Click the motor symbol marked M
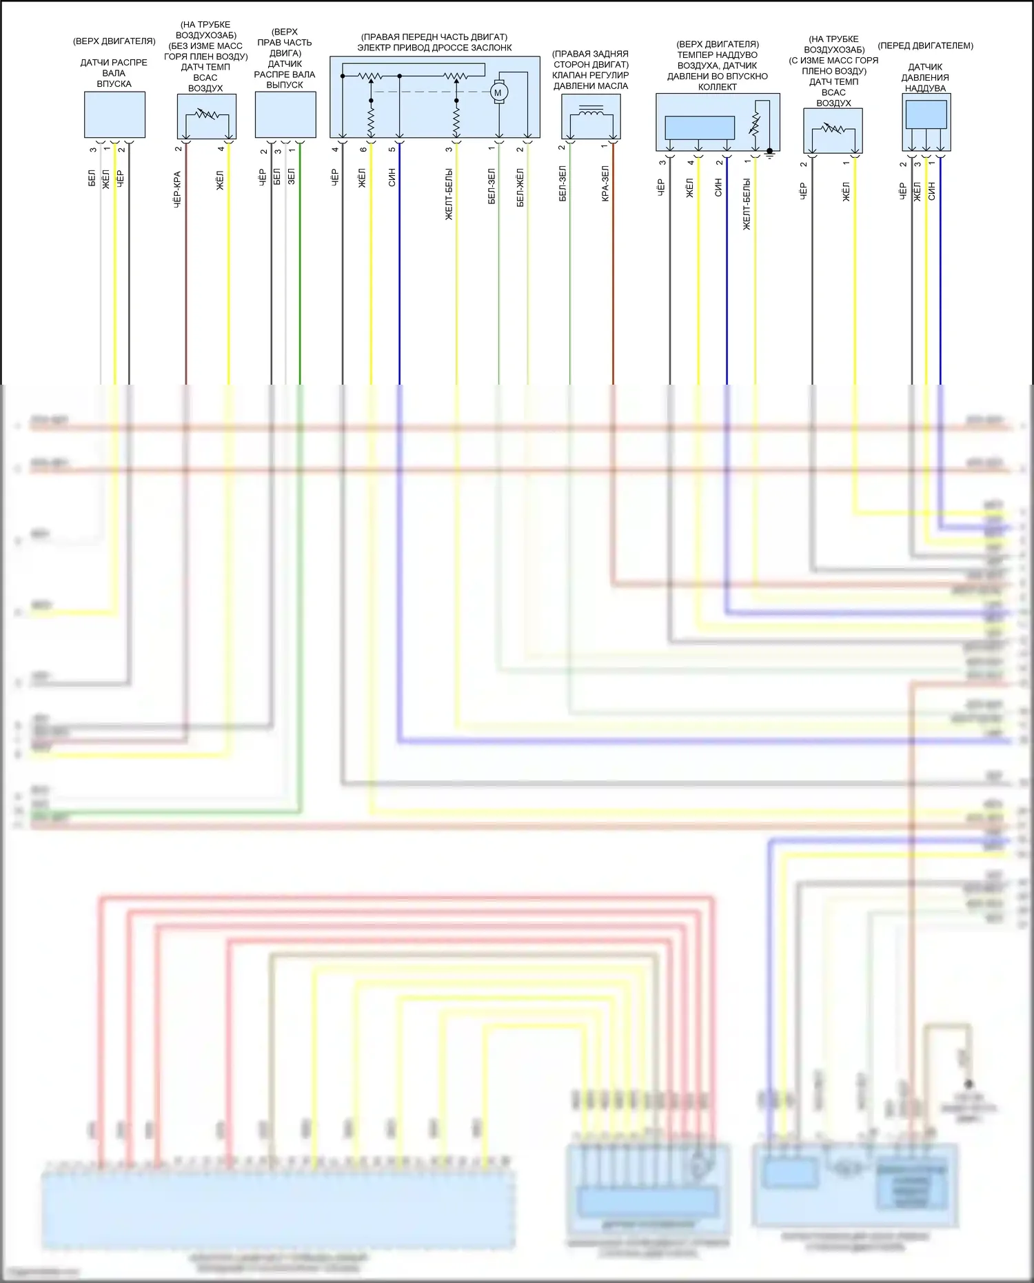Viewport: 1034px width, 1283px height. coord(498,92)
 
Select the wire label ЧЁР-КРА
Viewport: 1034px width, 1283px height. coord(177,190)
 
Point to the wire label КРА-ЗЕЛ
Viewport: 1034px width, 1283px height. coord(605,183)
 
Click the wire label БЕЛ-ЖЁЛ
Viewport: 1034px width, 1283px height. coord(520,187)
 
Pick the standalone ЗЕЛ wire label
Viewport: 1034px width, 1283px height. coord(291,176)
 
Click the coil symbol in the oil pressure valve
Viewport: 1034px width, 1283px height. coord(591,111)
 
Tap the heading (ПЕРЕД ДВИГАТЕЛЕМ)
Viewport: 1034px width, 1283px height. coord(925,46)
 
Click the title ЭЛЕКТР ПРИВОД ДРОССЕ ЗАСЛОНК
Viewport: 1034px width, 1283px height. coord(434,48)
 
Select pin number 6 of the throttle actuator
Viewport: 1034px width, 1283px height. coord(363,150)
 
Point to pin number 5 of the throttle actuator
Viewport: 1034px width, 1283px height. coord(392,150)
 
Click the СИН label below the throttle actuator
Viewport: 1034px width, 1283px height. coord(392,178)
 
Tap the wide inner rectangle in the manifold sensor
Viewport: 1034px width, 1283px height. coord(699,128)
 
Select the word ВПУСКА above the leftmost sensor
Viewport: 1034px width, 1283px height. coord(114,83)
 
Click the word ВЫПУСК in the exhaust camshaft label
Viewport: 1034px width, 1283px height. coord(284,85)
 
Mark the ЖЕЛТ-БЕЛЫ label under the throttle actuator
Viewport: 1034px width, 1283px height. coord(449,194)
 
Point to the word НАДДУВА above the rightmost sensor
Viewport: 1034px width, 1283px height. coord(925,88)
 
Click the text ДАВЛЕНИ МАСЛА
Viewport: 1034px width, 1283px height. coord(591,86)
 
